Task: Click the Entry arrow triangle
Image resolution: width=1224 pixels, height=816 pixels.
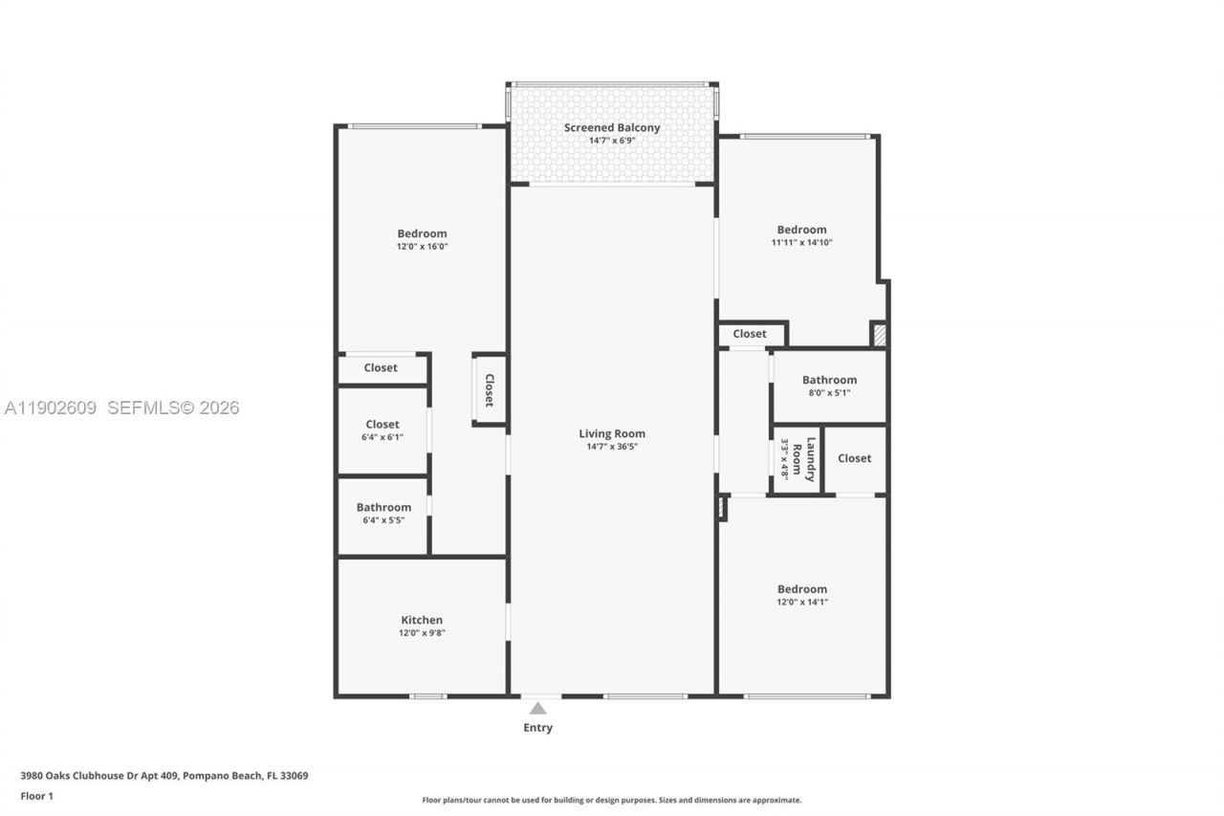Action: (x=538, y=709)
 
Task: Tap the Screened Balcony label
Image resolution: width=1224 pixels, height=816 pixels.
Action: (x=612, y=127)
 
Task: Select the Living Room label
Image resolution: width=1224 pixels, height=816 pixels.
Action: (x=612, y=433)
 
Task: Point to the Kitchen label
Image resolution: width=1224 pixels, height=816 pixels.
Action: (x=422, y=620)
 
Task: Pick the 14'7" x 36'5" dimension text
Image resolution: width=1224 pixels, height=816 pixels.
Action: (x=612, y=447)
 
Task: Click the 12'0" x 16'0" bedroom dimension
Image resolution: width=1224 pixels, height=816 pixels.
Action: (x=422, y=247)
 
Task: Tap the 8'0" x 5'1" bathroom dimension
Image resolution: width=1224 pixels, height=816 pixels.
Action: (x=829, y=393)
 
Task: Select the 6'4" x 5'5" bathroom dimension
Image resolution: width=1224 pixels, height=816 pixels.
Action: (x=383, y=520)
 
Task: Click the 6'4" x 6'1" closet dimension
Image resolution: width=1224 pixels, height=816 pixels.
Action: (x=382, y=437)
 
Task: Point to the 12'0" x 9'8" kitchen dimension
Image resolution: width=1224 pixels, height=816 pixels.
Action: (x=422, y=632)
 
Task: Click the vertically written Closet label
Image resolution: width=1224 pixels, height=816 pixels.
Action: (x=489, y=390)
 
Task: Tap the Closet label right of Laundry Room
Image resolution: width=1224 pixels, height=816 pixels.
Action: (x=854, y=458)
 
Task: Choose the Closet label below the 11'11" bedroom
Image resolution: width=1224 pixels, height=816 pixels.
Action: (x=750, y=334)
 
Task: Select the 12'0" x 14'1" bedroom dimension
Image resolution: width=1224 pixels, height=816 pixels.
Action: (x=801, y=602)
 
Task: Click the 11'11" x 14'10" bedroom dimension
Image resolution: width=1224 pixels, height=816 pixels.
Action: (x=801, y=243)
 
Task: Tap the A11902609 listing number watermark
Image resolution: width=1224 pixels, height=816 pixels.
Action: (x=51, y=408)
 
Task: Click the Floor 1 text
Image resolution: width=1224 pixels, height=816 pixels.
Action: (x=36, y=796)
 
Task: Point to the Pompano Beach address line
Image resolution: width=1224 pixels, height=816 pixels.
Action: (x=164, y=776)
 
